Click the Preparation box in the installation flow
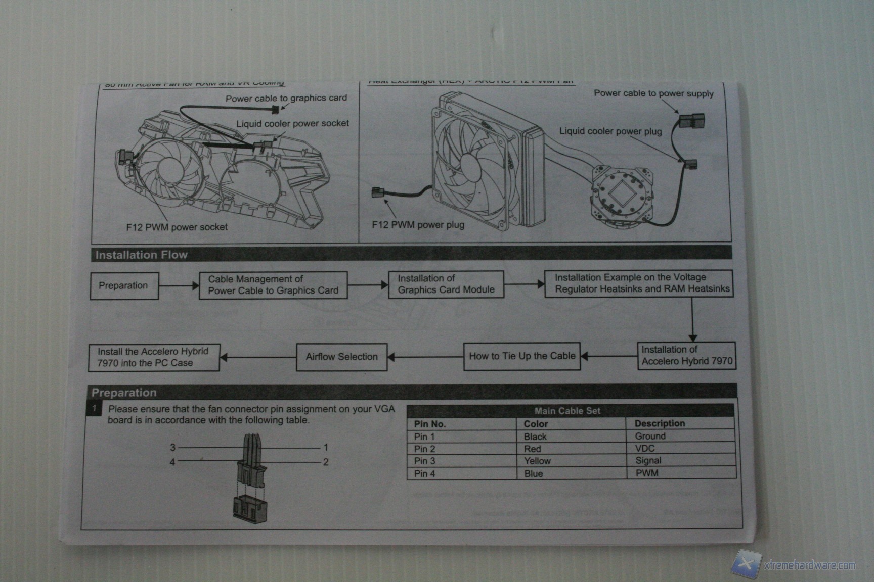click(x=124, y=286)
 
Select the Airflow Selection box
click(x=341, y=357)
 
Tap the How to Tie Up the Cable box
click(x=521, y=356)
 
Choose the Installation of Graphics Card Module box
click(x=446, y=284)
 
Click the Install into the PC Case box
click(x=154, y=357)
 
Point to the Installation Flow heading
click(x=142, y=255)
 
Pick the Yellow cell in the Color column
click(x=537, y=461)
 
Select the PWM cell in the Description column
click(x=647, y=473)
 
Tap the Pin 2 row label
click(x=424, y=449)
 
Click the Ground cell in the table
click(x=650, y=436)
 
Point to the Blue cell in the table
click(x=533, y=474)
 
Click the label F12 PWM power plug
click(x=418, y=225)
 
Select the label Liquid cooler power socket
click(x=292, y=124)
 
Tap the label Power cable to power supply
click(x=653, y=93)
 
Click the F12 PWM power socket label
click(x=177, y=227)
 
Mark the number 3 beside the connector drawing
click(x=172, y=447)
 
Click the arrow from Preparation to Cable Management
click(x=179, y=286)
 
